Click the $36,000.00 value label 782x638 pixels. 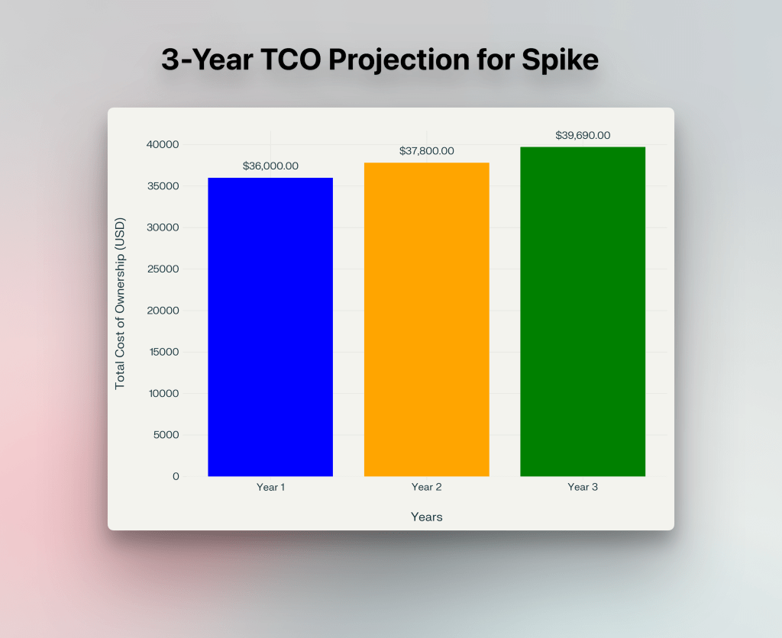270,166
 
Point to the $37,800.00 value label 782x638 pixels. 426,151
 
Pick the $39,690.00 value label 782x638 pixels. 583,135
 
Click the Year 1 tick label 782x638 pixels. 270,487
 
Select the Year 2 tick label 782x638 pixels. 426,487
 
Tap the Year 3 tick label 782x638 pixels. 583,487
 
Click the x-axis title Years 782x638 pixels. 426,517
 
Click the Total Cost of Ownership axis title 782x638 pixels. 120,304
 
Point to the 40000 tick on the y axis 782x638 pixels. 163,144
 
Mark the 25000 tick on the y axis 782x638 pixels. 163,269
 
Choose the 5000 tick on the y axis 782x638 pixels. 166,435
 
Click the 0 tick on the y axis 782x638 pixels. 176,476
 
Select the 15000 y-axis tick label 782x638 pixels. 163,352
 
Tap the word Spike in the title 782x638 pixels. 561,60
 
